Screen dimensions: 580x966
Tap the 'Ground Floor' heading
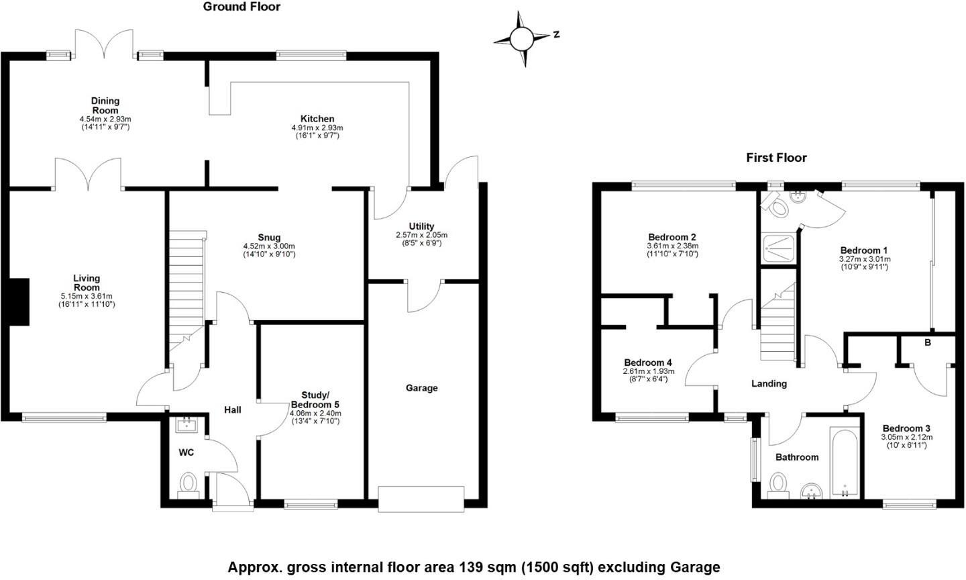click(241, 7)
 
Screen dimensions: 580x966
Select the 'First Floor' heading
click(776, 158)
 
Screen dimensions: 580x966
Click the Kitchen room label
click(317, 119)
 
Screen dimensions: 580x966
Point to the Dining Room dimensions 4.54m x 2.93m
click(105, 119)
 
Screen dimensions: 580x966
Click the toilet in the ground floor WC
click(188, 483)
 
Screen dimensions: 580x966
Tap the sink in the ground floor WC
click(186, 424)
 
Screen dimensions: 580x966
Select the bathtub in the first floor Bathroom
click(844, 463)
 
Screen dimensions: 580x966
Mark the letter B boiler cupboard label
click(928, 343)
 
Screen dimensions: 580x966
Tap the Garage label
click(421, 388)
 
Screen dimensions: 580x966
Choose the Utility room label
click(421, 226)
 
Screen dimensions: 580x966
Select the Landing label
click(769, 384)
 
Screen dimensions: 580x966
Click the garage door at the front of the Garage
click(421, 499)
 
